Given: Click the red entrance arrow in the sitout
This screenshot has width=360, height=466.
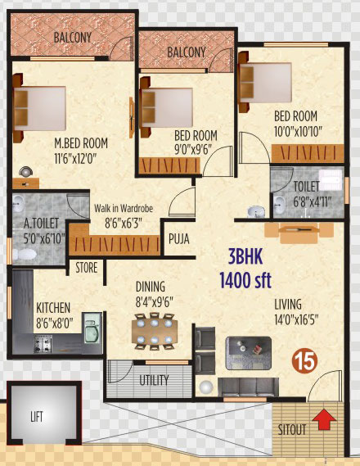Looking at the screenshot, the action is point(324,419).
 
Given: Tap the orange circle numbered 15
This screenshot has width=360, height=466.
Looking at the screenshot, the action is point(305,361).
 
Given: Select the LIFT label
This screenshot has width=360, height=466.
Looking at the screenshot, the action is point(37,416).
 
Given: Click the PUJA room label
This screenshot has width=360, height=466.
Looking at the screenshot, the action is point(179,238).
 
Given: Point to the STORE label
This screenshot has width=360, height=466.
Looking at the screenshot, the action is point(87,268).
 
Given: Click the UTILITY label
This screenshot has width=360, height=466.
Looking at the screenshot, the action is point(154,380).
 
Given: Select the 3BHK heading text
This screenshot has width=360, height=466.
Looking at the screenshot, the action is point(245,257).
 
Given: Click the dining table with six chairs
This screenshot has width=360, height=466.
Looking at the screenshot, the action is point(155,331).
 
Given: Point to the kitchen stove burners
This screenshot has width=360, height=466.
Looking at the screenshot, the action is point(43,344).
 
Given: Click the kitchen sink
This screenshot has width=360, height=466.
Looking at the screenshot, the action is point(92,328).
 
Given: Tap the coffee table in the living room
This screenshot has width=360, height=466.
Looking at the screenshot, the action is point(249,353).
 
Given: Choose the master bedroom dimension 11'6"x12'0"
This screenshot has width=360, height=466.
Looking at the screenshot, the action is point(75,160).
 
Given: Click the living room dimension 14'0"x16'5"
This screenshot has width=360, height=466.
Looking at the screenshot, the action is point(296,320).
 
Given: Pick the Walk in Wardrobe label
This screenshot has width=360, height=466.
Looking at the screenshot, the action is point(124,209).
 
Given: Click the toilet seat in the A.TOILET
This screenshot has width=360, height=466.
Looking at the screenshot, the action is point(25,254).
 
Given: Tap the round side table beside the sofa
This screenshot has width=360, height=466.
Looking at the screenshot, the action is point(206,387).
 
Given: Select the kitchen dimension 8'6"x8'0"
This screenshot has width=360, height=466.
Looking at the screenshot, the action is point(55,323).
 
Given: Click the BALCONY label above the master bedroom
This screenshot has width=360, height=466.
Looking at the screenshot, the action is point(73,38).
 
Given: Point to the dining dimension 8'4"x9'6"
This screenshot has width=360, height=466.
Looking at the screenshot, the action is point(155,302).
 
